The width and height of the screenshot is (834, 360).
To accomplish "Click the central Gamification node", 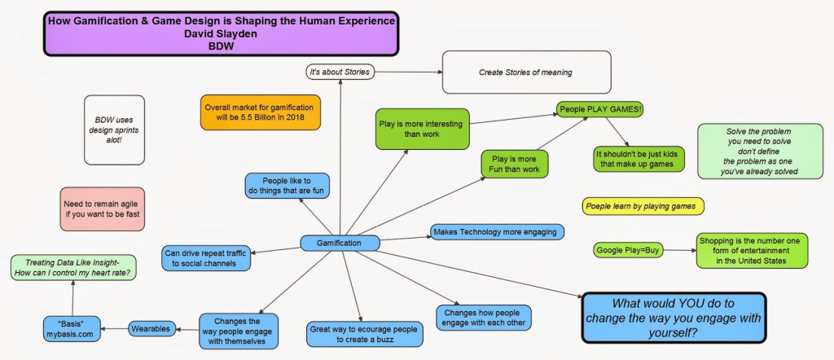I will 340,243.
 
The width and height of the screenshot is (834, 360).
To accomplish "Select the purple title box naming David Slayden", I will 220,33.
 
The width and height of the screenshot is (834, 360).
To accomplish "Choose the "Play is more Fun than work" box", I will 514,164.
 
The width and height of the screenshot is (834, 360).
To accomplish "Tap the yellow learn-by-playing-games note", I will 643,207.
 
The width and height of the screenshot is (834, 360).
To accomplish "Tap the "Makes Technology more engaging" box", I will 497,232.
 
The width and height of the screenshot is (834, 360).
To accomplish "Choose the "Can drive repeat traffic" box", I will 205,257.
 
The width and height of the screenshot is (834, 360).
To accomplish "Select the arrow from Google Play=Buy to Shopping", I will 678,250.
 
